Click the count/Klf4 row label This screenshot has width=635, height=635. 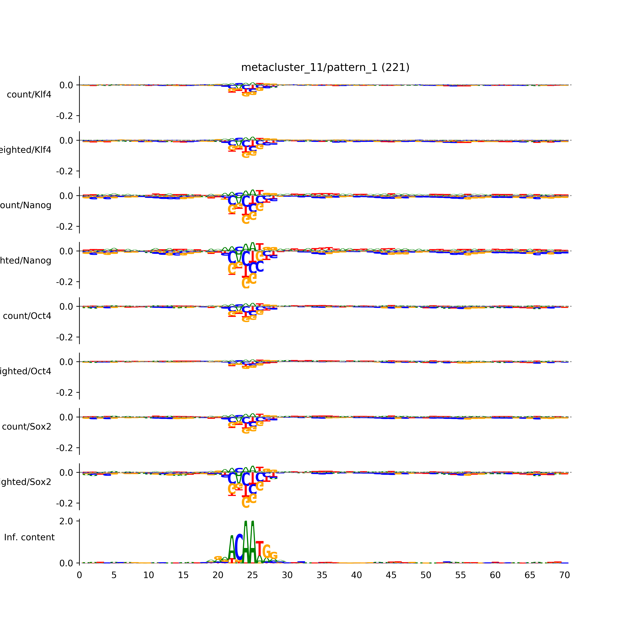point(29,95)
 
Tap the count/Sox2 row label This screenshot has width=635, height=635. point(27,427)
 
